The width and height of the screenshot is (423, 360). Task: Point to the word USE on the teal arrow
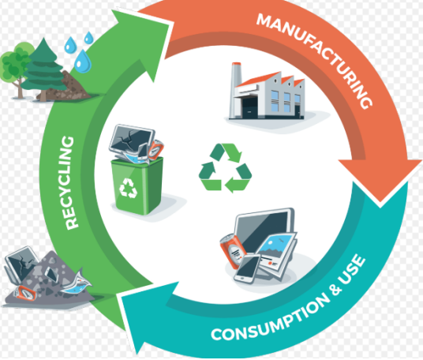[353, 268]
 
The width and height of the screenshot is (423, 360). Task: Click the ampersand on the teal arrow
[335, 290]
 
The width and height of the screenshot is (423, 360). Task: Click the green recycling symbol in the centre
[225, 167]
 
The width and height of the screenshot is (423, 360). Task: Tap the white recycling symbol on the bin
[128, 188]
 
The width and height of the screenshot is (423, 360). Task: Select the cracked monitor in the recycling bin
[131, 141]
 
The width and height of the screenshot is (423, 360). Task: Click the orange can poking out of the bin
[155, 150]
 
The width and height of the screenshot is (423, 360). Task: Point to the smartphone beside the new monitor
[247, 268]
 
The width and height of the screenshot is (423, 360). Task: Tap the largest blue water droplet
[83, 62]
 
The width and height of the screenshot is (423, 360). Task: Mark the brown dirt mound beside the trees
[67, 87]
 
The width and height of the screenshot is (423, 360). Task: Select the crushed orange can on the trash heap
[24, 293]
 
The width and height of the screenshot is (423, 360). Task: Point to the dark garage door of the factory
[249, 107]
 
